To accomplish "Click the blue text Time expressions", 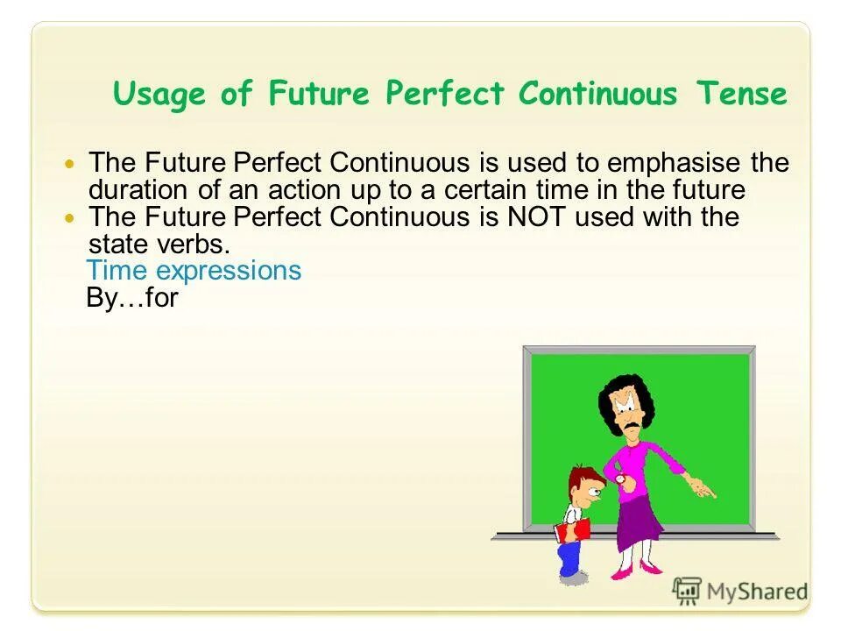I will click(x=194, y=271).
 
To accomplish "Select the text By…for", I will click(x=132, y=298).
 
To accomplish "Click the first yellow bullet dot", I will click(x=72, y=164).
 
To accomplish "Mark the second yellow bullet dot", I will click(x=72, y=218).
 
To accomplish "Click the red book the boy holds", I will click(x=572, y=529).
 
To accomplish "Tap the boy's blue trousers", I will click(x=569, y=557).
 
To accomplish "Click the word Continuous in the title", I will click(x=597, y=94).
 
